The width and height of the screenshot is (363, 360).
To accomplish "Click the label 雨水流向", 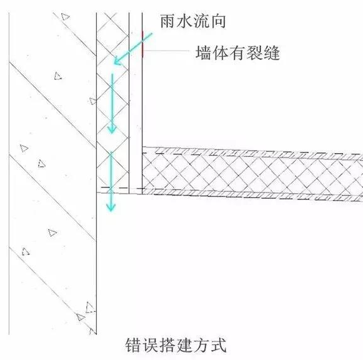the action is coord(193,21).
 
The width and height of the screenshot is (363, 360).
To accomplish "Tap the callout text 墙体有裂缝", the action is coord(238,52).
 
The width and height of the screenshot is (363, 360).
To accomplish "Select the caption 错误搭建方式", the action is coord(176,345).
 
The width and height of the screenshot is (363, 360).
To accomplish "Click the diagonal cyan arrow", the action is coord(133,49).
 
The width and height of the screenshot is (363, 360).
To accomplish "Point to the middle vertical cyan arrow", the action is coord(112,104).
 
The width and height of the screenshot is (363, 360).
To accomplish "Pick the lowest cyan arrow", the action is coord(111,181).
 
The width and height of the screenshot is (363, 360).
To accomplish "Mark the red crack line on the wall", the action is coord(143,44).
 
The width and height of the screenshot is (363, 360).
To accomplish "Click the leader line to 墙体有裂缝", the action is coord(167,50).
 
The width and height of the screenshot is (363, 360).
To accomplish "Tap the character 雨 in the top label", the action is coord(168,21).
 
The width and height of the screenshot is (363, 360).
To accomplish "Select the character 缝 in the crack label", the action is coord(272,53).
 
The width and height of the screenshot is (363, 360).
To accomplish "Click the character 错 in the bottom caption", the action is coord(134,345).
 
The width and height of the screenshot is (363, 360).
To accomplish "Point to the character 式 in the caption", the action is coord(219,345).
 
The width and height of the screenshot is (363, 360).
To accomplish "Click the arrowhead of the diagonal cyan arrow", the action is coord(117,62).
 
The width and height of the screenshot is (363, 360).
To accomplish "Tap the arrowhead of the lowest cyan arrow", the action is coord(111,207).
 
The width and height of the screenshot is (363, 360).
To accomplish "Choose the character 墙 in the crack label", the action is coord(204,53).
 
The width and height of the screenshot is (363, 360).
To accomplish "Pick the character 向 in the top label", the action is coord(218,21).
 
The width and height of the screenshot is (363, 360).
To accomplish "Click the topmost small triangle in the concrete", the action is coord(65,17).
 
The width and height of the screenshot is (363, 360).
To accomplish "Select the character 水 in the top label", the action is coord(184,21).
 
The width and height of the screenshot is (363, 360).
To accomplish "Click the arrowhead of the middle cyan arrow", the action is coord(112,129).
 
